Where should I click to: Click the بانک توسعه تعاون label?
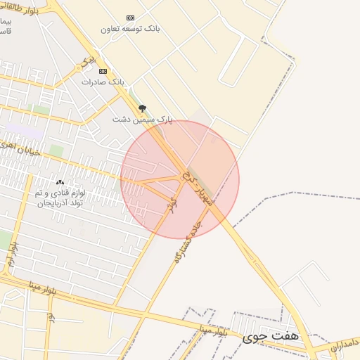130,29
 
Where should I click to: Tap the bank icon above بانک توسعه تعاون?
130,18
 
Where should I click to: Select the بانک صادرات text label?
103,82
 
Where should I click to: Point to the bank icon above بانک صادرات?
103,71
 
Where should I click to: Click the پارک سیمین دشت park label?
143,120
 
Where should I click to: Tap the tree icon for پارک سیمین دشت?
143,109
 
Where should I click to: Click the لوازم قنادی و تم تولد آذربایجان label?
59,198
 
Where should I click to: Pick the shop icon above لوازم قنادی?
59,183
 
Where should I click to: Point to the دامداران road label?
343,345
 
